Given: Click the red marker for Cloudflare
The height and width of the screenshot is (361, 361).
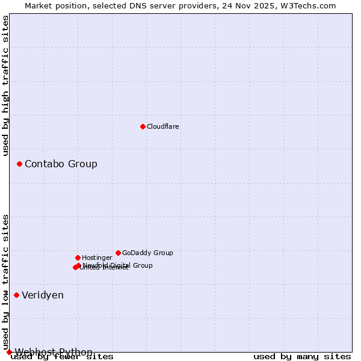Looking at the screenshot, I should (x=143, y=126).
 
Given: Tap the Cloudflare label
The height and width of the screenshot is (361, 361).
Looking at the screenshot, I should (x=163, y=127).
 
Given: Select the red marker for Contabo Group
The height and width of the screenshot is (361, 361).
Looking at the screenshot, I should (x=19, y=164).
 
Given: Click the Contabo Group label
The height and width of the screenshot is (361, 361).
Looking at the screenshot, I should (x=61, y=164).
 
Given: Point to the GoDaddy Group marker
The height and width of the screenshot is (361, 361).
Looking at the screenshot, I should (x=118, y=253).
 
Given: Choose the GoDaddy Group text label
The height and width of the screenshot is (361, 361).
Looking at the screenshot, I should (x=147, y=253).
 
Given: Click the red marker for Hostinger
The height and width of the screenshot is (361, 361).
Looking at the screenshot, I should (x=78, y=258).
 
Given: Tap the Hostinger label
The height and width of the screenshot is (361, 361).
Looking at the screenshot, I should (x=97, y=258).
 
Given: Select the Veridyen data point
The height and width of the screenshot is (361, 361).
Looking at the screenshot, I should (x=16, y=295).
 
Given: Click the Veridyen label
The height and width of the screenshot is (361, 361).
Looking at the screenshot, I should (x=43, y=295).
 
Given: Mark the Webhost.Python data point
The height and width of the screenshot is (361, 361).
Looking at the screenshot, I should (x=9, y=352).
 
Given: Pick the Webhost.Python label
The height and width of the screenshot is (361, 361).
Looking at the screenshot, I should (x=54, y=352).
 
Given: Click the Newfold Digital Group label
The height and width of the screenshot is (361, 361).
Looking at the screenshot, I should (x=118, y=265).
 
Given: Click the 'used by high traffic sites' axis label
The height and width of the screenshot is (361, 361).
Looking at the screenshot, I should (x=6, y=85).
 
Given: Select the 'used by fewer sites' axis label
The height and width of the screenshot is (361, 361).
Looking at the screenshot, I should (x=62, y=357).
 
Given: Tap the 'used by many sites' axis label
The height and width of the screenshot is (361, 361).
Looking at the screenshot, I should (x=302, y=357).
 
